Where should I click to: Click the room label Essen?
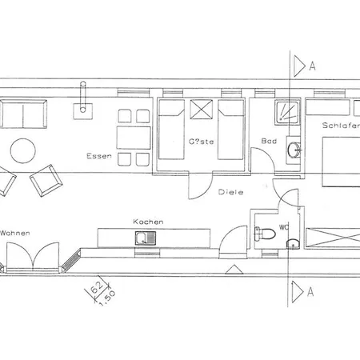click(99, 157)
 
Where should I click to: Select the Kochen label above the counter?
click(149, 221)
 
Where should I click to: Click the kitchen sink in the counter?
click(145, 237)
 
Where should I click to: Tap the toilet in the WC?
click(259, 234)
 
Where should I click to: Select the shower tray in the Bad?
click(286, 111)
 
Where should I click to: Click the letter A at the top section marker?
click(312, 67)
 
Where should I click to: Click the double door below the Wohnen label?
click(34, 257)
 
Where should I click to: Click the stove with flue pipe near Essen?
click(82, 106)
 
